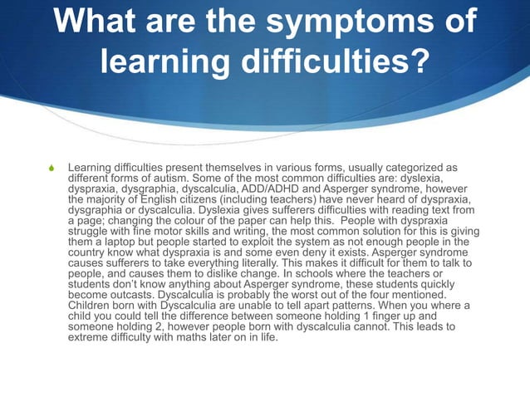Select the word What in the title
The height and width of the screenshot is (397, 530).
97,22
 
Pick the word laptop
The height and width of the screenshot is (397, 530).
117,243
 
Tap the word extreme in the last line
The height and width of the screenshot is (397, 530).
90,338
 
